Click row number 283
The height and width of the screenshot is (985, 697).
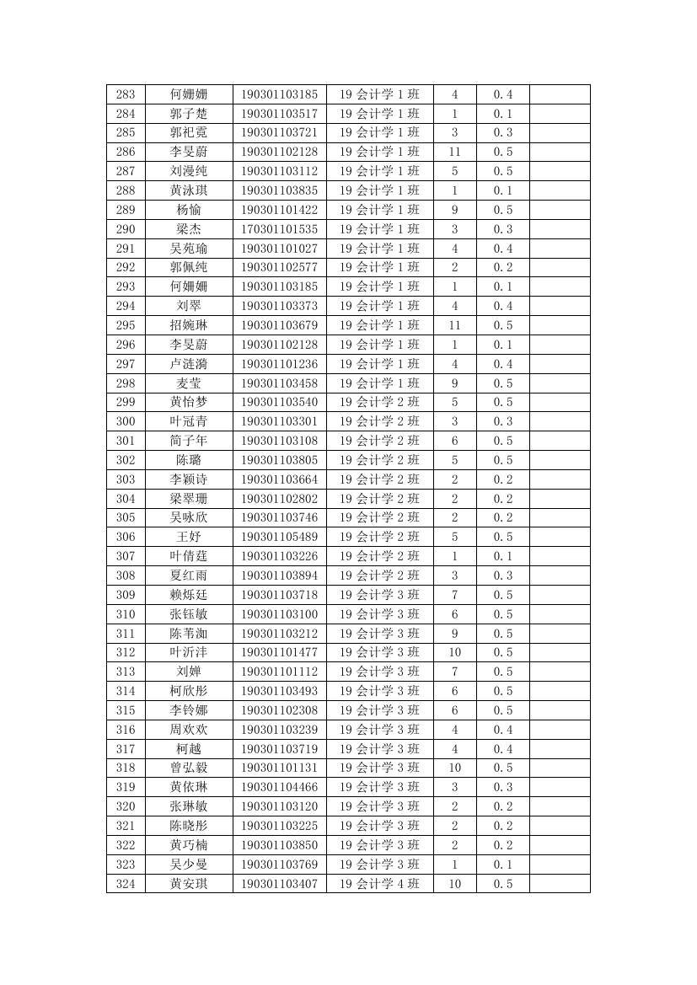pos(126,94)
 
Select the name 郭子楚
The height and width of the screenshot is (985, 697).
pos(189,114)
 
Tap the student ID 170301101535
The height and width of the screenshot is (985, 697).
pos(279,229)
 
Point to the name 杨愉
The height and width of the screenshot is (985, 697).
pos(189,210)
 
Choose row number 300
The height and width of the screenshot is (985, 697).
pos(126,421)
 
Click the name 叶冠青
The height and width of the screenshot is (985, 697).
pos(189,421)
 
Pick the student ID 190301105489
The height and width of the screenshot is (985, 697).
pos(279,537)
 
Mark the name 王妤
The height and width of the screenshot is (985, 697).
pos(189,537)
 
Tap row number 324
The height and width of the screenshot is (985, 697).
pos(126,884)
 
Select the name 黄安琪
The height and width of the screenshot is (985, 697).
pos(189,884)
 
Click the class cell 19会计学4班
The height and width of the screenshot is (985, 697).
pos(379,884)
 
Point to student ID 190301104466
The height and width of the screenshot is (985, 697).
pos(279,787)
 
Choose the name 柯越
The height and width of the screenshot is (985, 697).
pos(189,749)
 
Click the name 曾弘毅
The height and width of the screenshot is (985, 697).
pos(189,768)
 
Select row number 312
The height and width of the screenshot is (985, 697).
pos(126,652)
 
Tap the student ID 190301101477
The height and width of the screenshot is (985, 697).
pos(279,652)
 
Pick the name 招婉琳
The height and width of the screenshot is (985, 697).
pos(189,325)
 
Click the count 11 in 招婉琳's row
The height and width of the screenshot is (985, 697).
pos(455,325)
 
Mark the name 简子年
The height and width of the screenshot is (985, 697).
pos(189,441)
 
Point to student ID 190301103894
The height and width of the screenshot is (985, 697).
pos(279,575)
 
